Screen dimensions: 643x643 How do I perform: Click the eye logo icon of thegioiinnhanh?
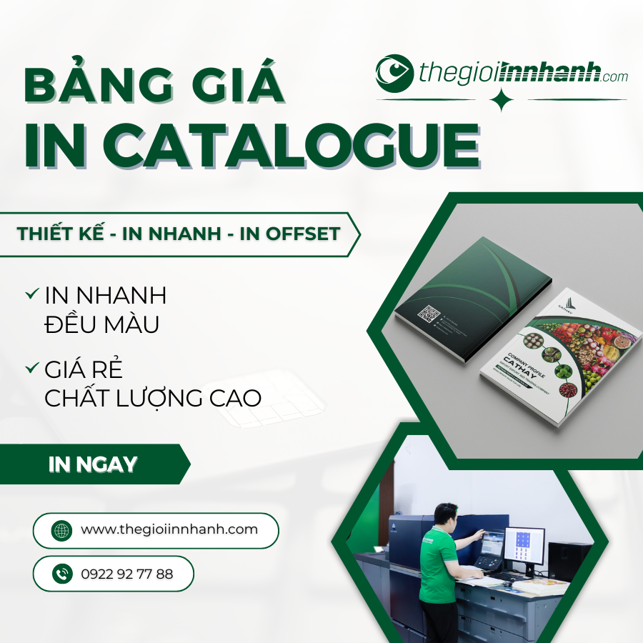click(394, 74)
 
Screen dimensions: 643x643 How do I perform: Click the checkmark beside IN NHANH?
click(31, 294)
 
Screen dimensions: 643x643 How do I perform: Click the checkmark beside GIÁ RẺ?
click(31, 369)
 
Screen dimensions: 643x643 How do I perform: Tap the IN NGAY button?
click(93, 464)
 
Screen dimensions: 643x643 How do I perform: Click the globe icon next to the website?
click(62, 530)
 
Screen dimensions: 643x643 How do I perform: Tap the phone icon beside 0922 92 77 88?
click(62, 573)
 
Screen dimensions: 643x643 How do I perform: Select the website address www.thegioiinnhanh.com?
click(169, 529)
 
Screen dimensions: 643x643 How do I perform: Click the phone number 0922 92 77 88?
click(127, 573)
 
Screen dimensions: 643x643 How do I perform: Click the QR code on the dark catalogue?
click(429, 315)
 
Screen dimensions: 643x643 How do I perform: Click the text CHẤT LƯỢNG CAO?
click(153, 397)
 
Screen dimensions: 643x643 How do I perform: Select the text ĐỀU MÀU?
click(101, 324)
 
